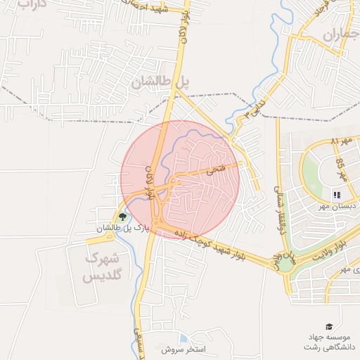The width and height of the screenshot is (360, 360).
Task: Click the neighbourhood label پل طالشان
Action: [160, 82]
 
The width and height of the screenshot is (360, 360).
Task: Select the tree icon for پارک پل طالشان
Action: [123, 217]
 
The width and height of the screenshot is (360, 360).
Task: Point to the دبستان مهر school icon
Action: [336, 194]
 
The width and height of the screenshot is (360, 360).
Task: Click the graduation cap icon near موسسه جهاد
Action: [328, 326]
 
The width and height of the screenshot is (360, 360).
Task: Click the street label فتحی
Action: [211, 170]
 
